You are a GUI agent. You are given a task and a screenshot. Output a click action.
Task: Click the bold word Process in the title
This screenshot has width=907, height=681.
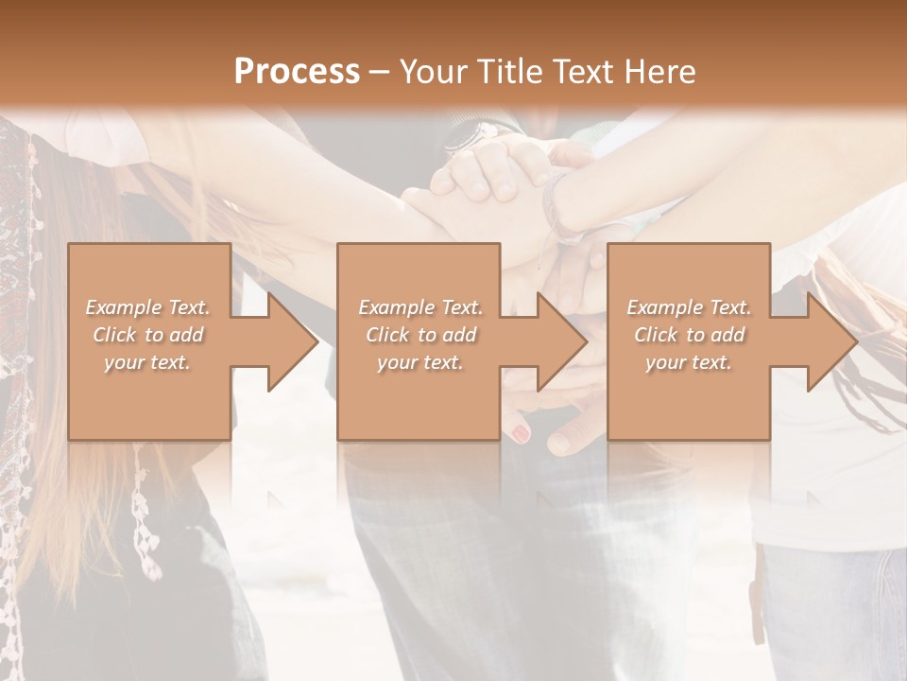point(297,72)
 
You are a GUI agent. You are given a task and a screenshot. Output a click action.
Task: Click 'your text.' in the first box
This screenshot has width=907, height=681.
point(147,362)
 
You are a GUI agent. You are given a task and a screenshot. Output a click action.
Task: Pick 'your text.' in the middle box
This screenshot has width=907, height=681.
point(419,362)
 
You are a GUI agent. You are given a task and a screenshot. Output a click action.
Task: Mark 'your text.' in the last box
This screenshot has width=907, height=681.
point(689,362)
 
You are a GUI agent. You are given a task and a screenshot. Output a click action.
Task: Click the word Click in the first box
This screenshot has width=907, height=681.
point(113,335)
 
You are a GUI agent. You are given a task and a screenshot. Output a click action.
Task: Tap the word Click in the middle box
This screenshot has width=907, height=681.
point(386,335)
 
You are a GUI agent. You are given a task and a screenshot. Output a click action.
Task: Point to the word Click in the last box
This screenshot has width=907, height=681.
point(655,335)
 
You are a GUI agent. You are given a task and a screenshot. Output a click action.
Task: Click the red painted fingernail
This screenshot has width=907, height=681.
point(520,433)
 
